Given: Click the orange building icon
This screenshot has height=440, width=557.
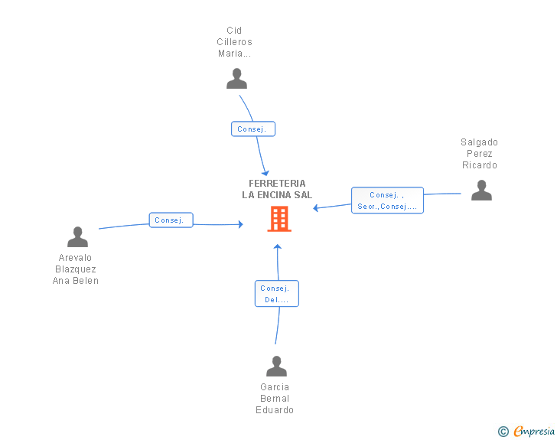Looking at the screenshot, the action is (279, 219).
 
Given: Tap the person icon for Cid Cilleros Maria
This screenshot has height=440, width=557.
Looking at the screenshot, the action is (236, 79).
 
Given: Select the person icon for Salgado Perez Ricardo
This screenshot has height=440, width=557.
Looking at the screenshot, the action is (481, 190).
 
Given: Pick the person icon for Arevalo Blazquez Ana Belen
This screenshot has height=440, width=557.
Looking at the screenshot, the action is (77, 236).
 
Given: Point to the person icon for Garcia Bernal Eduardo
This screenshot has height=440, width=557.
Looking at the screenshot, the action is (276, 366).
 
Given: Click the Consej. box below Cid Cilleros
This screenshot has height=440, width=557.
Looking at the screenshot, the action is (253, 129).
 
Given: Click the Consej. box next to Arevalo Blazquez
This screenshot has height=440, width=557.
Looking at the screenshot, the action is (171, 220).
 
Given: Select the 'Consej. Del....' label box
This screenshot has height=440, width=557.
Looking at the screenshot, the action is (277, 294).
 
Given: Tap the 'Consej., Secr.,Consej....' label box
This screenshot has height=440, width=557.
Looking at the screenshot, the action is (387, 200).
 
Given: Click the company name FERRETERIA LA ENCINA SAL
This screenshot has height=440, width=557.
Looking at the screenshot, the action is (277, 189).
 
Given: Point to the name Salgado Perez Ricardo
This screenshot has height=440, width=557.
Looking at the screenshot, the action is (479, 154).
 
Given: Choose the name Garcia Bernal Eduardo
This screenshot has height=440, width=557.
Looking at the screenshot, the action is (275, 399).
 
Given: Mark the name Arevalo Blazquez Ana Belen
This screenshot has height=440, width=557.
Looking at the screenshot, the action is (75, 269).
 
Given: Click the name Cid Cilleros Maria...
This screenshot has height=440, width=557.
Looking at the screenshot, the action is (234, 42).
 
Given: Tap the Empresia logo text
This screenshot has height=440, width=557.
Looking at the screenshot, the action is (534, 431).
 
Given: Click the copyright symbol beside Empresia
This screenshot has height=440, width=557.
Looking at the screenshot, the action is (503, 432).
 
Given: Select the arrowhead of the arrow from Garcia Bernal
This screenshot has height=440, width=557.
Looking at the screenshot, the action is (278, 246).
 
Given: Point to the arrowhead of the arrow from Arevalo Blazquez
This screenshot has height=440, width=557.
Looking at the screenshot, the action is (241, 224).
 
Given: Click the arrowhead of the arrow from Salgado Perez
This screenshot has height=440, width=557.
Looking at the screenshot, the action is (315, 208).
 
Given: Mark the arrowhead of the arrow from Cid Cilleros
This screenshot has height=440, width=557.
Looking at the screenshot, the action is (265, 174).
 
